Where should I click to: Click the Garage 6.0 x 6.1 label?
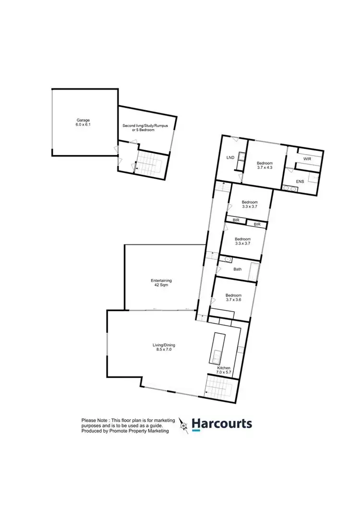pos(83,122)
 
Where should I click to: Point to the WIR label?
pos(307,158)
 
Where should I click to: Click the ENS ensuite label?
pos(300,182)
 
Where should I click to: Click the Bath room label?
pos(237,269)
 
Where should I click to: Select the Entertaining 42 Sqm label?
pos(161,283)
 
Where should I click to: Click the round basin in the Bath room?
pos(228,260)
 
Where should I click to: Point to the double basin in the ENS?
pos(290,189)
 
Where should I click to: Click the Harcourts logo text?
pos(222,424)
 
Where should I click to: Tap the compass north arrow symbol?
pos(183,424)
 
